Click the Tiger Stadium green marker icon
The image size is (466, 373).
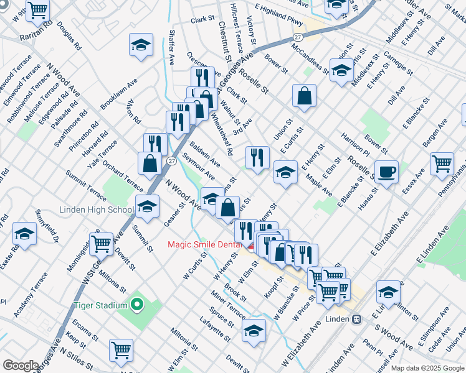click(138, 305)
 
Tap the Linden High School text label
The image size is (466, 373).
click(97, 210)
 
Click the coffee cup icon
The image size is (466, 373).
click(386, 172)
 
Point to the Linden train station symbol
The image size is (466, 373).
click(357, 319)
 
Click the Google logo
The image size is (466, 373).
click(21, 366)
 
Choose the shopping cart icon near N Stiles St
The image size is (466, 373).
click(121, 349)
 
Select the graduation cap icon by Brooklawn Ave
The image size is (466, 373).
click(141, 44)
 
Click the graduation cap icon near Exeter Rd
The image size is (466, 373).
click(24, 234)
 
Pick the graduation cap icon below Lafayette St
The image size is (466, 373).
click(254, 331)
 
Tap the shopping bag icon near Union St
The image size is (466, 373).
click(305, 96)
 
